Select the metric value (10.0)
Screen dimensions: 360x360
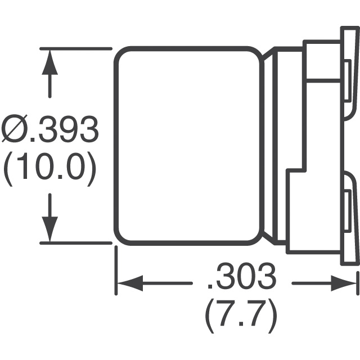pyautogui.click(x=50, y=166)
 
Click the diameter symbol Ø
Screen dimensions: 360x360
pyautogui.click(x=15, y=129)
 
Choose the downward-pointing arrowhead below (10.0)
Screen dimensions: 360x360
pyautogui.click(x=49, y=229)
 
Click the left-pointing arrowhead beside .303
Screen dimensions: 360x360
pyautogui.click(x=130, y=283)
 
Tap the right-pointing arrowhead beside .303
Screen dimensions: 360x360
pyautogui.click(x=344, y=283)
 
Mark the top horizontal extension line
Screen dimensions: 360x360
pyautogui.click(x=76, y=49)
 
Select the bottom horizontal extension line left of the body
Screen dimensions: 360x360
pyautogui.click(x=76, y=243)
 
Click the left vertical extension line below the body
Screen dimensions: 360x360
pyautogui.click(x=116, y=270)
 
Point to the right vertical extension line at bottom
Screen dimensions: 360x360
pyautogui.click(x=358, y=283)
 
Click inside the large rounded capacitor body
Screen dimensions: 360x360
pyautogui.click(x=188, y=146)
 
